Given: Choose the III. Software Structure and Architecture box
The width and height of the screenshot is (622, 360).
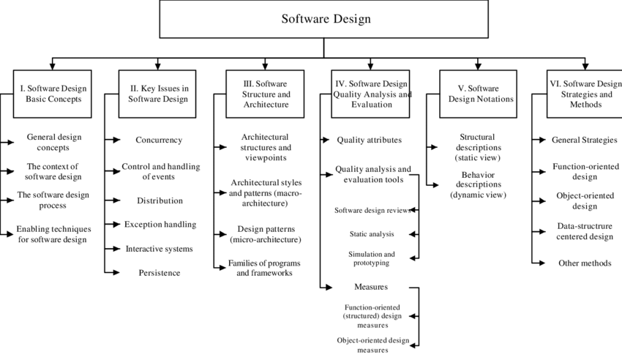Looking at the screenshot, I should [265, 94].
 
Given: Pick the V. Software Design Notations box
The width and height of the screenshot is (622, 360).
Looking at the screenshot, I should [478, 94].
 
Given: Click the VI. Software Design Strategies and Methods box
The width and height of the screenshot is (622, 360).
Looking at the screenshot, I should [583, 94].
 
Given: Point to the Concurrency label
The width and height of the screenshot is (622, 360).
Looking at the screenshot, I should [159, 140].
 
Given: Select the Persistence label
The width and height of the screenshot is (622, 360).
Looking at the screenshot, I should [159, 273].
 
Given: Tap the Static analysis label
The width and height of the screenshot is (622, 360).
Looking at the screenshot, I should [372, 234].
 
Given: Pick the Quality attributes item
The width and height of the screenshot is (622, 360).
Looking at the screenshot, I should [370, 140].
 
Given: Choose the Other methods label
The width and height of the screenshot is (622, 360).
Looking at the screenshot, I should [584, 263].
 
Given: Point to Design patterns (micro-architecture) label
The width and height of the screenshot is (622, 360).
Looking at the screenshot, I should [265, 234].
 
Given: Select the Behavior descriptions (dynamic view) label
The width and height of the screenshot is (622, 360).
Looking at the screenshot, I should [478, 184].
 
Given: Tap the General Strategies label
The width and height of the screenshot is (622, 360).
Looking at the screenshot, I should [584, 140].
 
